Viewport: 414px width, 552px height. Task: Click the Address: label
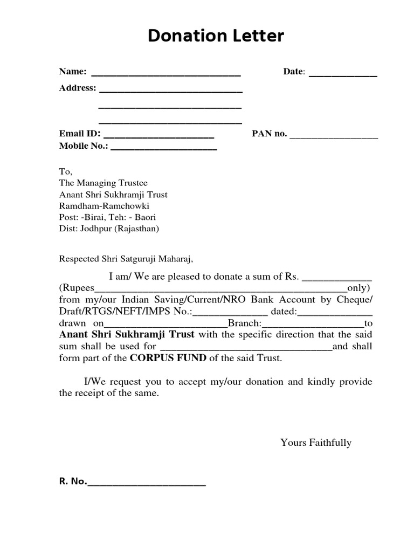click(x=78, y=88)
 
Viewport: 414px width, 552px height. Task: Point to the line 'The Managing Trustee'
click(x=103, y=183)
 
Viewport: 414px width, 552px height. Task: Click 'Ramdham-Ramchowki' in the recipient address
click(x=104, y=206)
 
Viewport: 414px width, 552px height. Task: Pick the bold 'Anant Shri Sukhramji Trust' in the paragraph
click(x=127, y=334)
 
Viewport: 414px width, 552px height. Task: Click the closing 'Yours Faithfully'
click(x=315, y=443)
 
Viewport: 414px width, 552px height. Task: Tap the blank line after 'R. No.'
click(x=146, y=485)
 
